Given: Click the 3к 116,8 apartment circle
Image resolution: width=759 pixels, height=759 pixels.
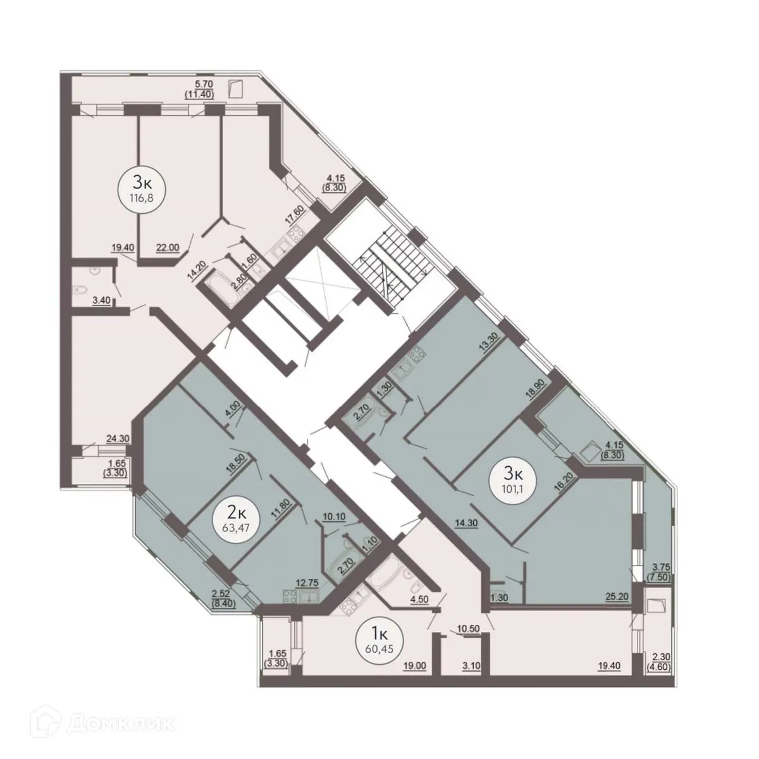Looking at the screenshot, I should (x=141, y=188).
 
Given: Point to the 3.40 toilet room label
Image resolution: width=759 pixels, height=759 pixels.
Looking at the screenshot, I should (x=102, y=301).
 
